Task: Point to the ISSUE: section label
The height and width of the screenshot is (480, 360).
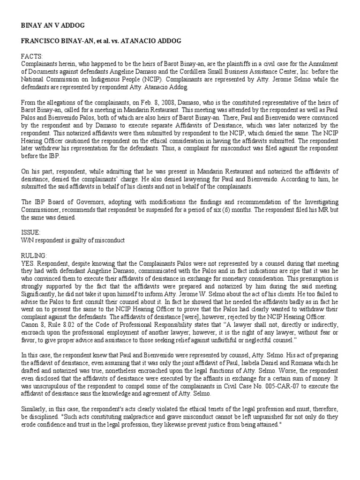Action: (31, 232)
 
